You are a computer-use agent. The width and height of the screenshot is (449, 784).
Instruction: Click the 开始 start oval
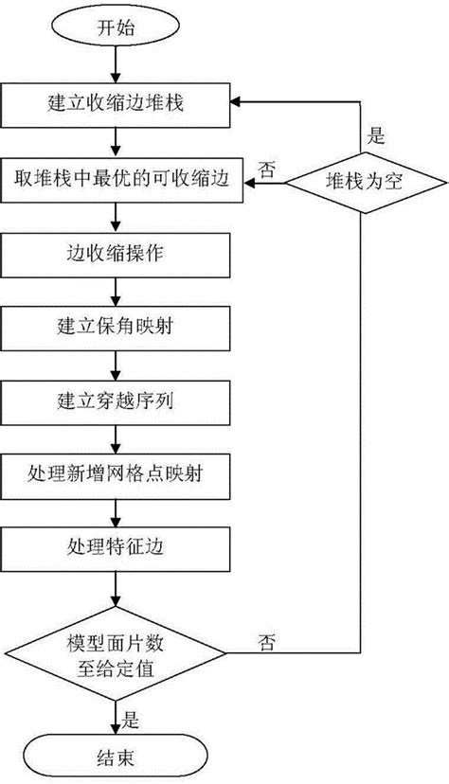(x=115, y=27)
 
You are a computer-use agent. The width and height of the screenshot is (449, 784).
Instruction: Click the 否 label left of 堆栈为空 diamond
(x=267, y=169)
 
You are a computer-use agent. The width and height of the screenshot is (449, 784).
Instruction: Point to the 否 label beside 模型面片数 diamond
(x=266, y=641)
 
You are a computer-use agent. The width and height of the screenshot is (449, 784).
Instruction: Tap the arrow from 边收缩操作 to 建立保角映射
(x=115, y=291)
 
